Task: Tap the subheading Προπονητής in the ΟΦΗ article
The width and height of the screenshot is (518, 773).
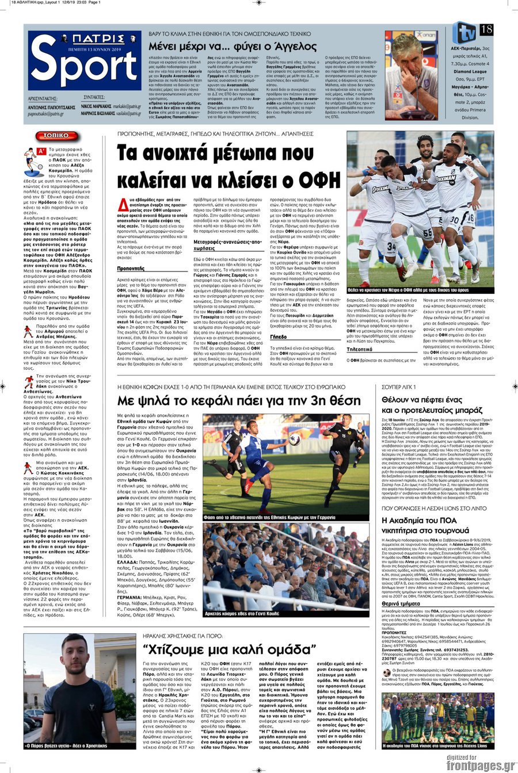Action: point(131,268)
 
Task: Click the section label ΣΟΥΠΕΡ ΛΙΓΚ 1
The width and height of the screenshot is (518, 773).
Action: point(399,387)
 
